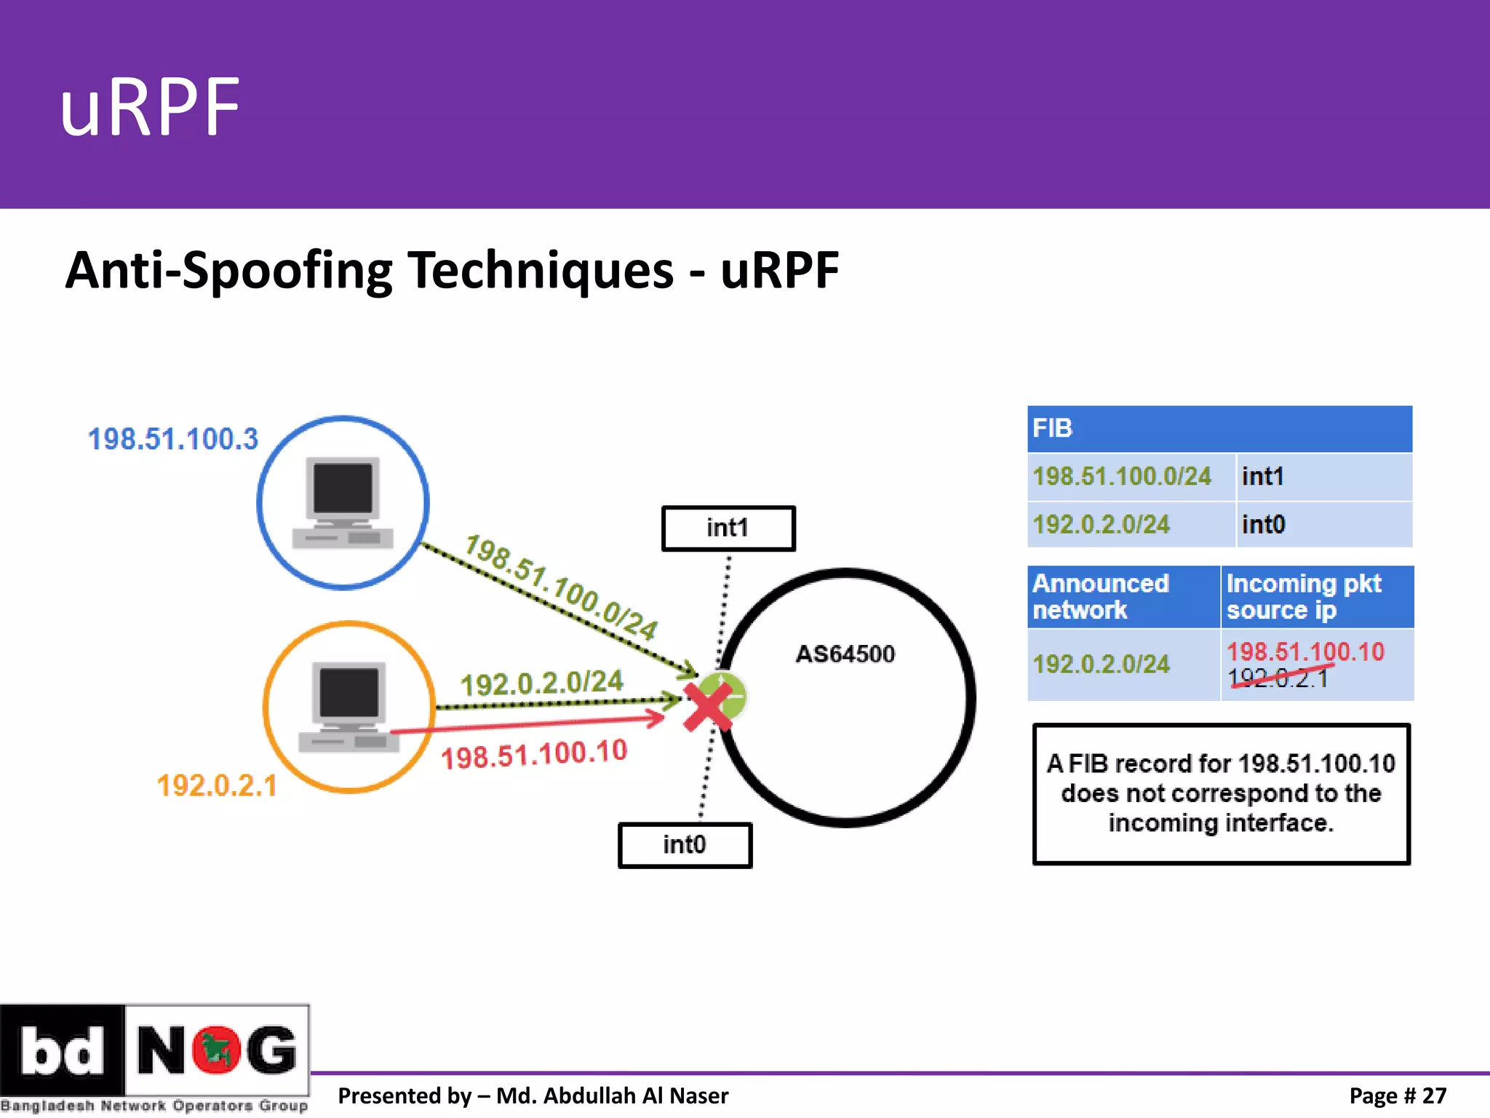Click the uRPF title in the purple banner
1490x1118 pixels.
tap(150, 108)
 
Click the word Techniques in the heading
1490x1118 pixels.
tap(539, 271)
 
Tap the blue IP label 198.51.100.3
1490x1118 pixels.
tap(173, 439)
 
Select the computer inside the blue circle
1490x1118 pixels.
tap(343, 502)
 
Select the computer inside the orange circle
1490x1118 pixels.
tap(348, 707)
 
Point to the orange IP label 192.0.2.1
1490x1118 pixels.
tap(217, 785)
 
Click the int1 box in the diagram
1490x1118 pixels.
tap(728, 528)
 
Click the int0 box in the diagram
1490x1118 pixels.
tap(684, 844)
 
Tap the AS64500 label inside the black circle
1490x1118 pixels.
tap(845, 654)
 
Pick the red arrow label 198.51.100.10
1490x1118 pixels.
tap(534, 754)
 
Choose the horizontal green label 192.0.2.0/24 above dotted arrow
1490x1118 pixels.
tap(542, 683)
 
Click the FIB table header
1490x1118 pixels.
tap(1219, 429)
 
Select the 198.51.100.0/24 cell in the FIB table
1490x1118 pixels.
tap(1122, 477)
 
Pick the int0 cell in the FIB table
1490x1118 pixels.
tap(1263, 525)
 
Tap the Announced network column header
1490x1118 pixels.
tap(1101, 596)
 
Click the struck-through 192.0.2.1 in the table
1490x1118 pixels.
tap(1278, 678)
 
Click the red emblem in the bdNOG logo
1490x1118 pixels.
tap(216, 1050)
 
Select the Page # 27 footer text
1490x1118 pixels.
tap(1397, 1095)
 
